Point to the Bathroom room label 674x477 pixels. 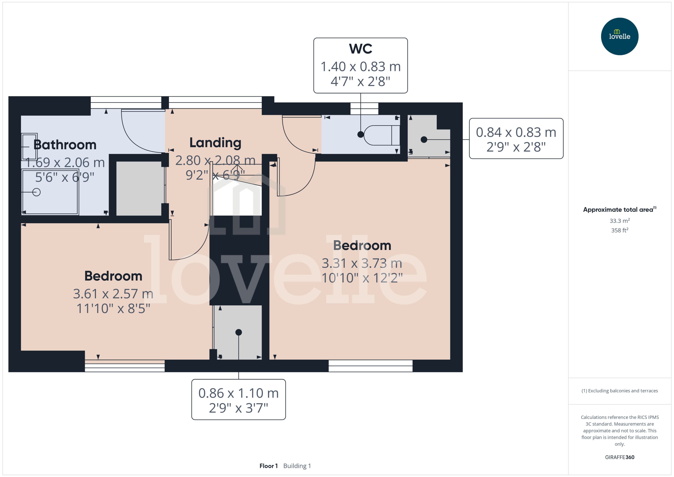click(x=65, y=145)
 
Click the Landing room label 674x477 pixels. click(x=215, y=143)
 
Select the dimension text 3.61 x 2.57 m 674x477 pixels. click(x=113, y=294)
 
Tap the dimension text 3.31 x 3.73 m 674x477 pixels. click(x=362, y=263)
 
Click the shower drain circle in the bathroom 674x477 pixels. click(x=36, y=192)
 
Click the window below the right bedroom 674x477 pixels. click(x=370, y=366)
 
